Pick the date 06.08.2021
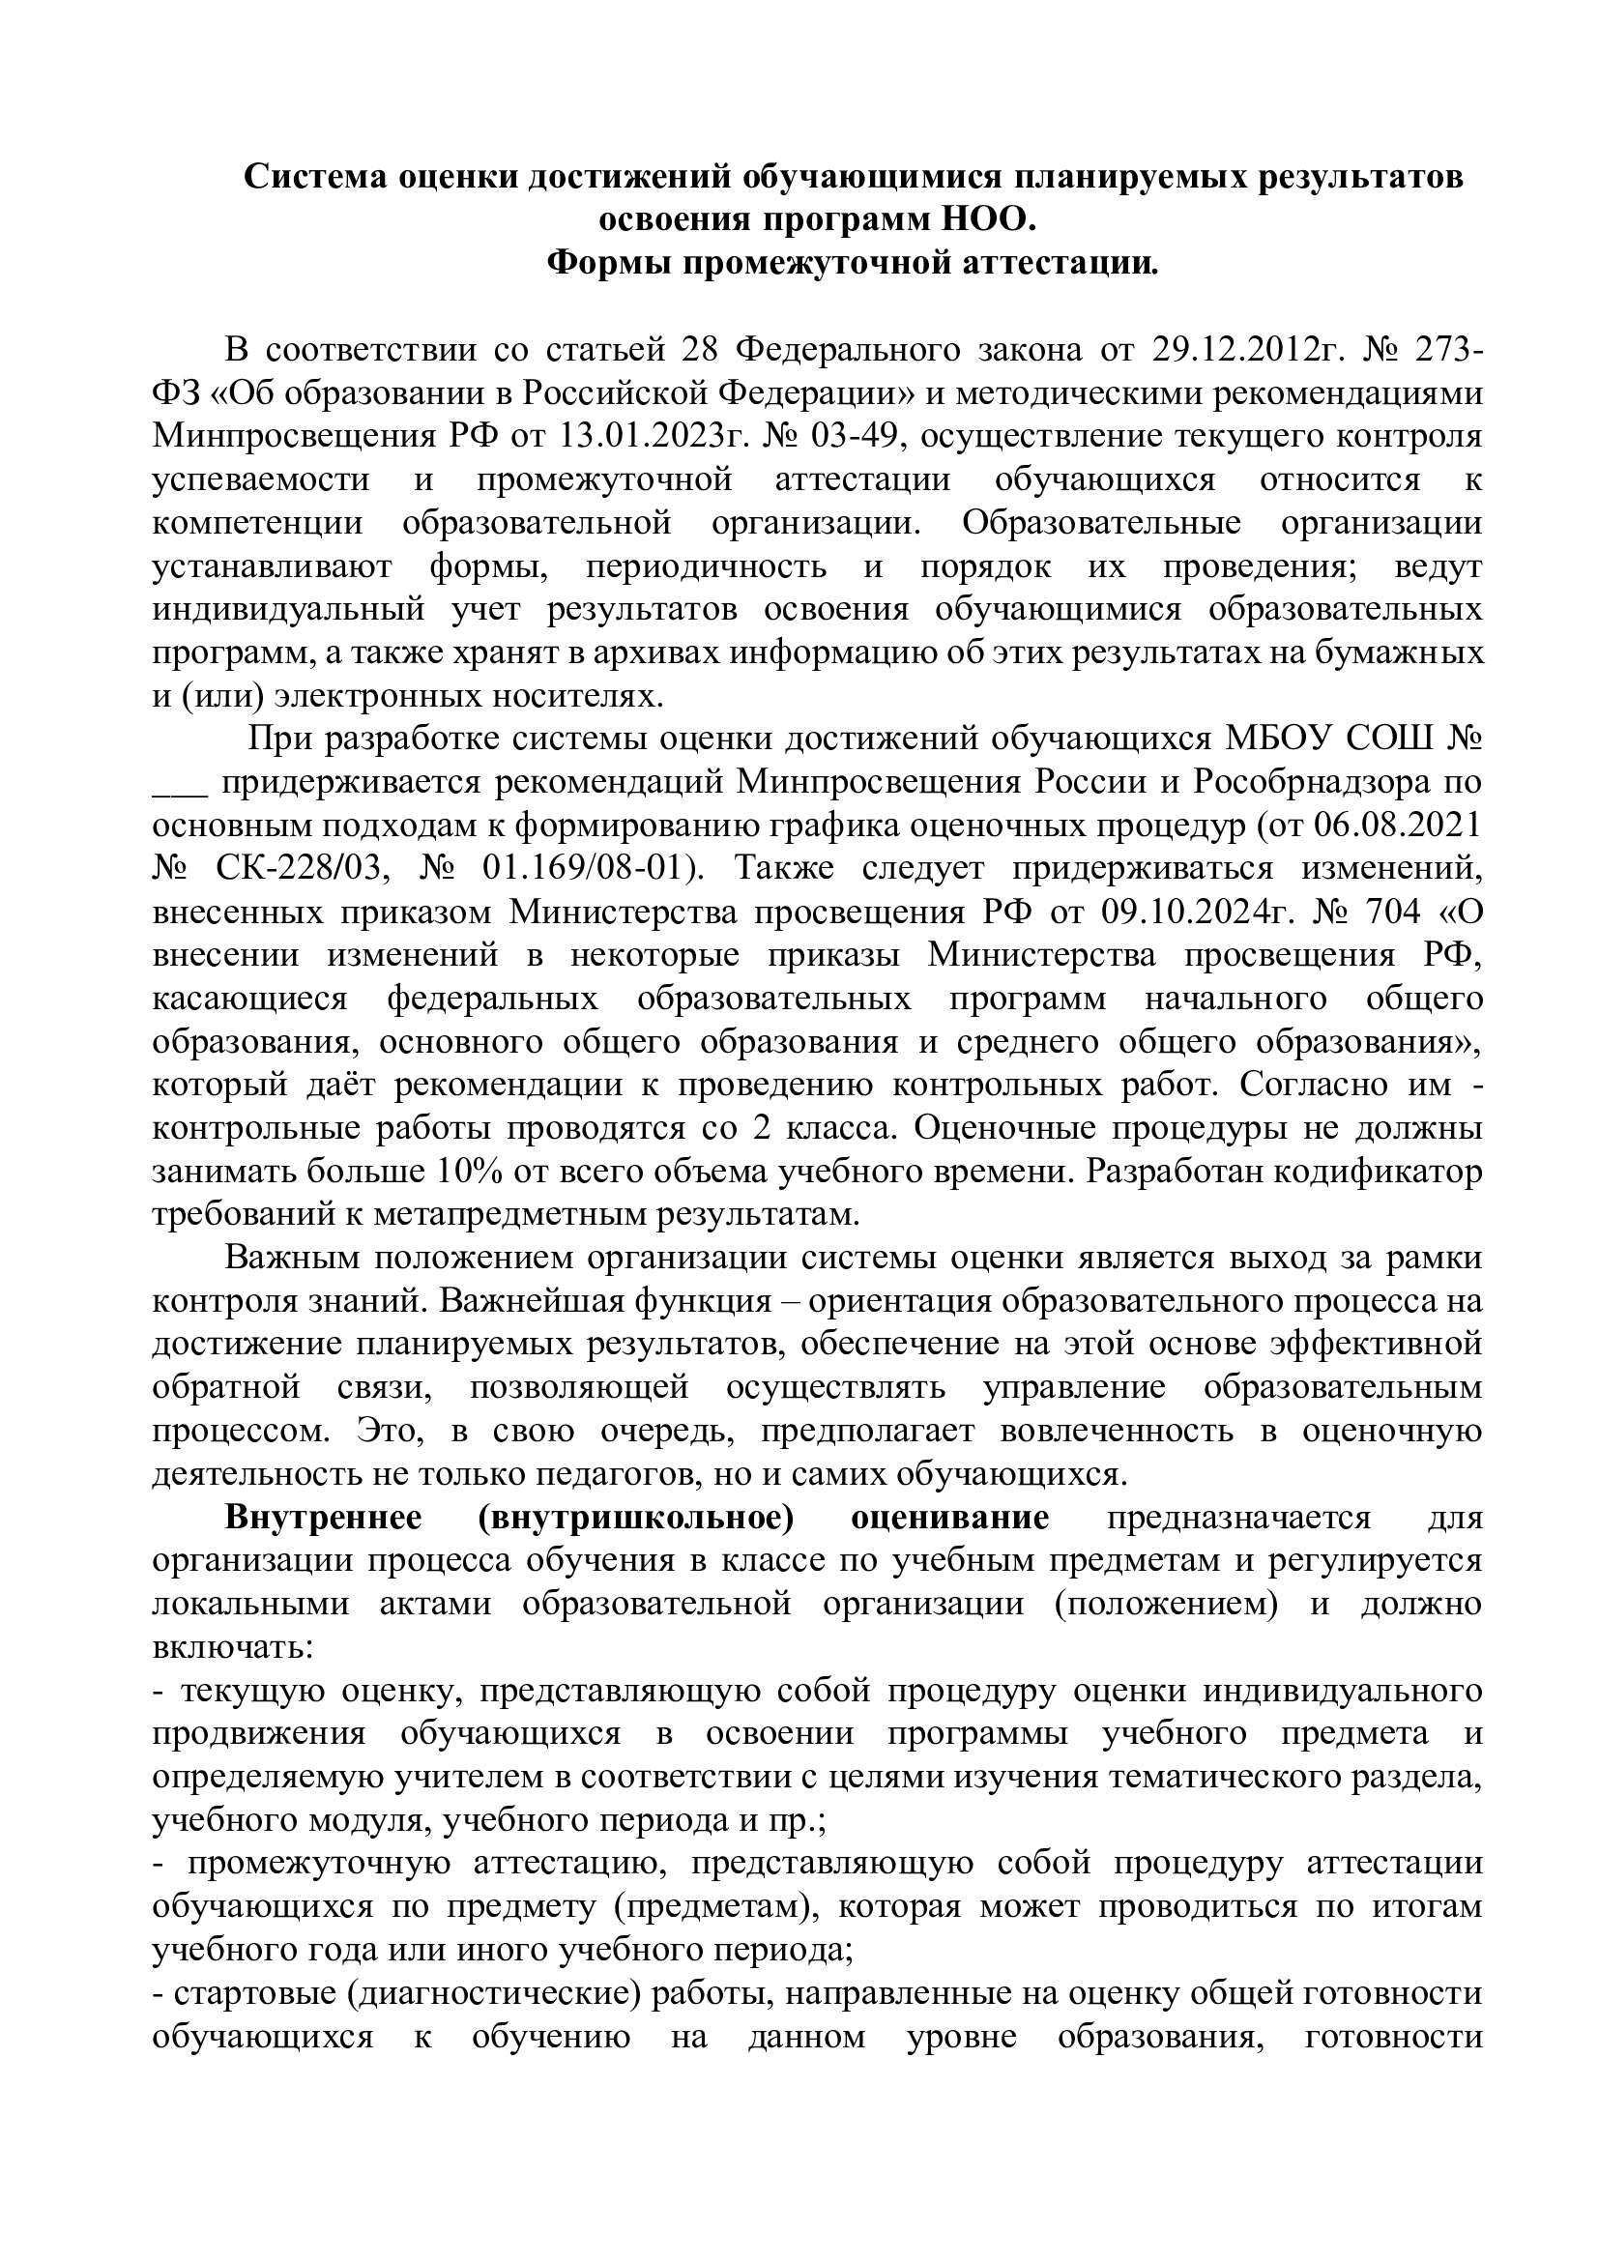coord(1398,826)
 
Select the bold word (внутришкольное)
coord(636,1519)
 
